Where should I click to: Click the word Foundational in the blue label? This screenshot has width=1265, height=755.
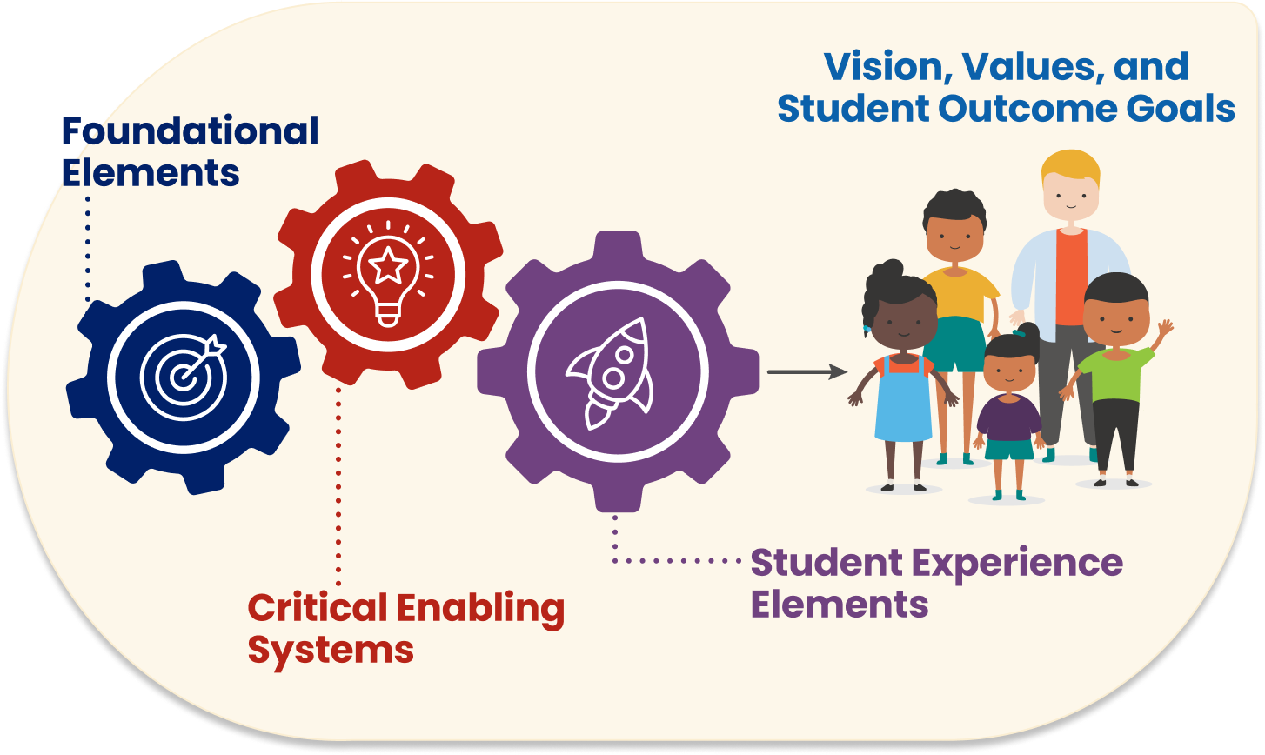[x=191, y=131]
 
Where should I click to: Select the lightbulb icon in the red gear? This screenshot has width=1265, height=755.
[x=388, y=274]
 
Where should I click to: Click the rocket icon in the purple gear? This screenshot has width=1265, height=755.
[x=609, y=373]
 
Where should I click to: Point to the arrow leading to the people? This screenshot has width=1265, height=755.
[x=807, y=371]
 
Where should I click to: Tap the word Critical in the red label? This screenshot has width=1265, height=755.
[x=318, y=608]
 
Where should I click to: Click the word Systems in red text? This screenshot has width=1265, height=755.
[x=331, y=651]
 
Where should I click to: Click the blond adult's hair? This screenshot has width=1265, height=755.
[x=1071, y=167]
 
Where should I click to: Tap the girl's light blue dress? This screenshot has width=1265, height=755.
[x=904, y=400]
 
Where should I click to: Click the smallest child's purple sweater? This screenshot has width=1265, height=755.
[x=1009, y=418]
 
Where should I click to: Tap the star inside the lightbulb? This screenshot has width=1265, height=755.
[x=388, y=264]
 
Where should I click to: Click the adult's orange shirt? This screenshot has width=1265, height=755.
[x=1071, y=277]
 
